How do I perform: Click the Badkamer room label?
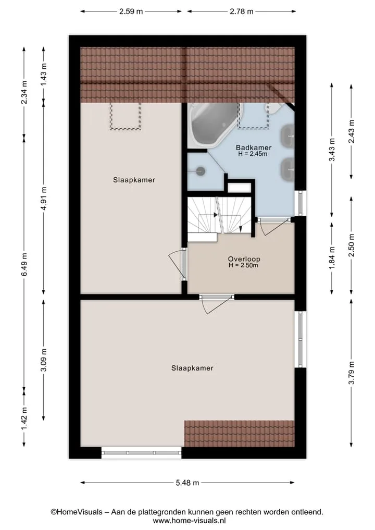pos(253,147)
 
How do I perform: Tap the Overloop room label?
pos(244,259)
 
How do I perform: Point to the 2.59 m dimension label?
pos(131,11)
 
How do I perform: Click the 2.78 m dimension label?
pos(242,11)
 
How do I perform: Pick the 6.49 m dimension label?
pos(24,264)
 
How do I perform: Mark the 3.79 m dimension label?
pos(352,373)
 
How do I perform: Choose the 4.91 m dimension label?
pos(44,198)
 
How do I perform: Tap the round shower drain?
pos(201,171)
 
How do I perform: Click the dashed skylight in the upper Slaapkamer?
pos(126,116)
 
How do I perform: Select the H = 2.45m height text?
pos(253,154)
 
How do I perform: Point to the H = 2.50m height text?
pos(243,265)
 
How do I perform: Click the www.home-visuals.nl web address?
pos(189,521)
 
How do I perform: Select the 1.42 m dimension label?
pos(24,419)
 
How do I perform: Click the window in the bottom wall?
pos(141,452)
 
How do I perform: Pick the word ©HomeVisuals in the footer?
pos(77,512)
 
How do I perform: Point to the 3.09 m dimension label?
pos(44,360)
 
